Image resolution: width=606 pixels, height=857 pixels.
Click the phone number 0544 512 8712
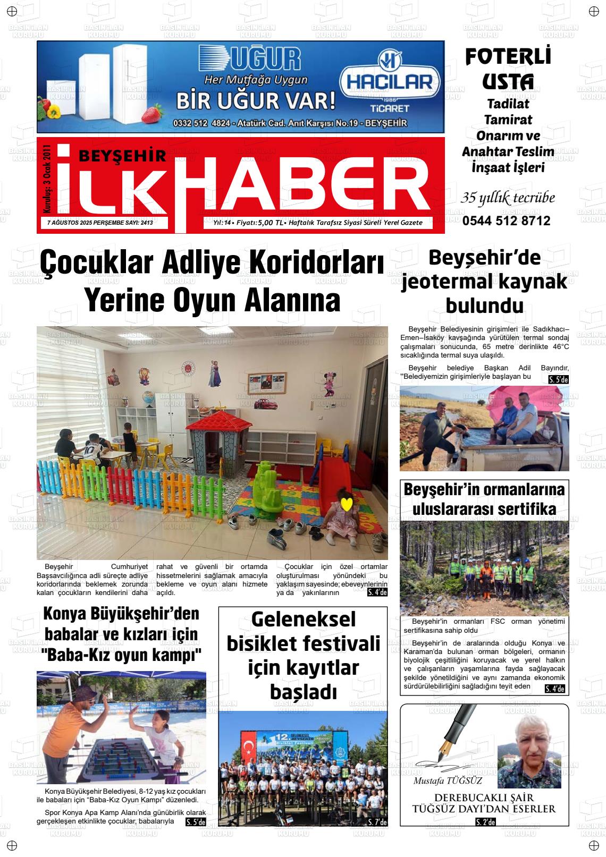(506, 221)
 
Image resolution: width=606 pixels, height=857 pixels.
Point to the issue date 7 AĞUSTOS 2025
(69, 223)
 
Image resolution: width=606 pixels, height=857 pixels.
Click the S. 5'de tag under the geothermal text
(558, 379)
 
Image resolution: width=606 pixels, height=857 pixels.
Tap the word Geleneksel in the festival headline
(303, 620)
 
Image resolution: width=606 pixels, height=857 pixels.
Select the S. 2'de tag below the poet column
(485, 822)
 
